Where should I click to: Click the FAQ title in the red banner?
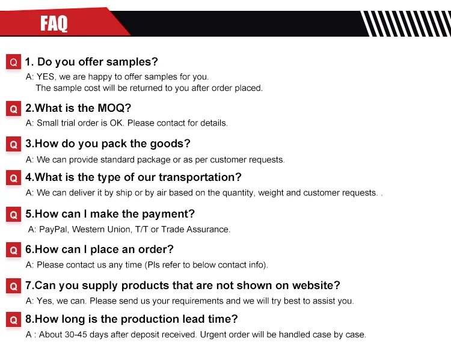[54, 23]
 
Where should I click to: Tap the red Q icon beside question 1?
[13, 61]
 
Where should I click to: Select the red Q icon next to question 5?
[13, 214]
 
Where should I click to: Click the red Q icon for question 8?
[13, 320]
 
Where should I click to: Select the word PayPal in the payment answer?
[53, 230]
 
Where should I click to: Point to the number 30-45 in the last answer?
[76, 335]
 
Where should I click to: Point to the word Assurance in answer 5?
[207, 230]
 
